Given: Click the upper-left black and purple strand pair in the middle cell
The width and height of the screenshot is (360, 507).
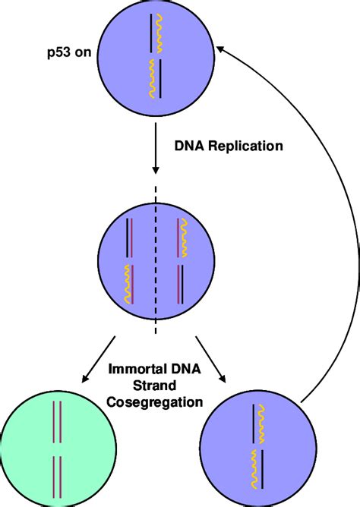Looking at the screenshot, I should tap(130, 237).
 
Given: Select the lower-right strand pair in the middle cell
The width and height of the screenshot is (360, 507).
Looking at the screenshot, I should tap(181, 285).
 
